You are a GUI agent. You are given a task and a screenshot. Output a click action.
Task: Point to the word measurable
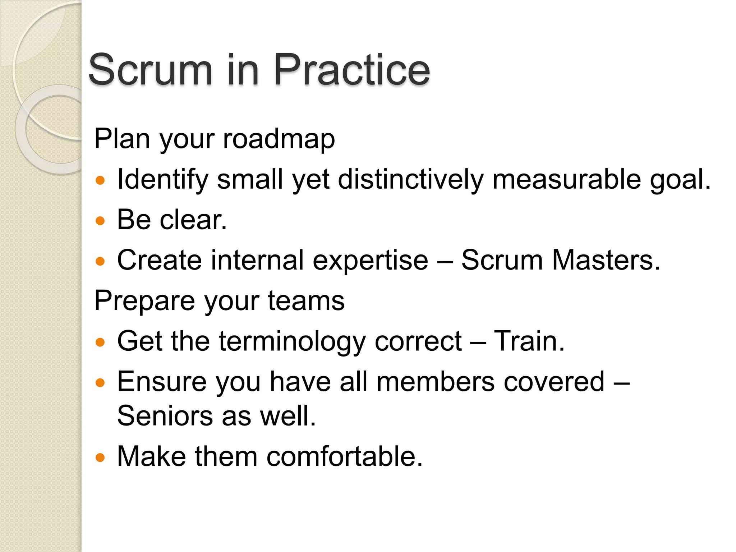(x=566, y=180)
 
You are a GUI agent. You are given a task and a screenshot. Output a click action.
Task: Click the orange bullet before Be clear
(x=100, y=220)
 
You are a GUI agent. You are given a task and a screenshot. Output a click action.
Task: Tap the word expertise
(x=370, y=260)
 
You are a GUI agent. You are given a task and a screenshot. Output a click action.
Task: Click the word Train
(x=529, y=341)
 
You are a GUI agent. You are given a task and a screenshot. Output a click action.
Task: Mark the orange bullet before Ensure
(x=100, y=383)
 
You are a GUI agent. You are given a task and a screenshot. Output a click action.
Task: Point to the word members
(x=435, y=382)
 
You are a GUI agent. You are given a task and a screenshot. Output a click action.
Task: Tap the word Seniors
(x=165, y=416)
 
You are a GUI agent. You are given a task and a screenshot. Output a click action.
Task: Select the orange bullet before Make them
(x=100, y=457)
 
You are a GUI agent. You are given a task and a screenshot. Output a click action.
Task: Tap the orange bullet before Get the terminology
(x=100, y=342)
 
